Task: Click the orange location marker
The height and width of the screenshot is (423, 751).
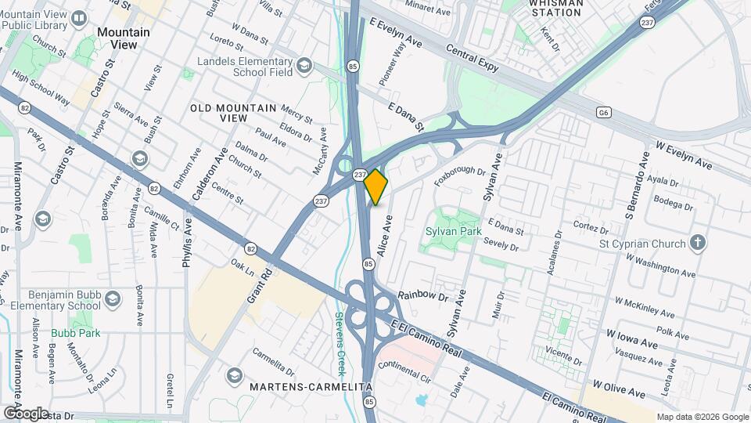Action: tap(376, 186)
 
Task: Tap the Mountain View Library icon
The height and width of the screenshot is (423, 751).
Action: tap(78, 17)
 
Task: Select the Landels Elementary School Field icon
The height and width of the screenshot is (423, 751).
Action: tap(304, 64)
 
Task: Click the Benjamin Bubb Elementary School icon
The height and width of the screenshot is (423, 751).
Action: tap(114, 299)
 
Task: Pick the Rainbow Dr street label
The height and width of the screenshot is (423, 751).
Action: tap(422, 297)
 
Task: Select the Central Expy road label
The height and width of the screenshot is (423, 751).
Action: tap(472, 59)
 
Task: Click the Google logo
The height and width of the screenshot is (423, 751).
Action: tap(26, 413)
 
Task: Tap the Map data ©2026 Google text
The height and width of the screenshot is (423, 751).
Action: tap(701, 417)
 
